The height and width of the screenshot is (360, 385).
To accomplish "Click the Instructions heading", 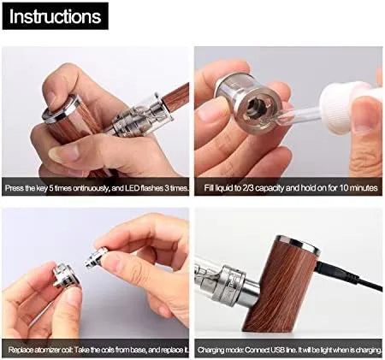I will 55,16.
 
